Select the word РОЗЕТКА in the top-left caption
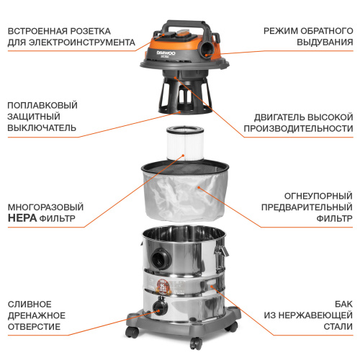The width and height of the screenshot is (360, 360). [x=106, y=30]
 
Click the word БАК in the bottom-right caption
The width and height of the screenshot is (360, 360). [x=341, y=303]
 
